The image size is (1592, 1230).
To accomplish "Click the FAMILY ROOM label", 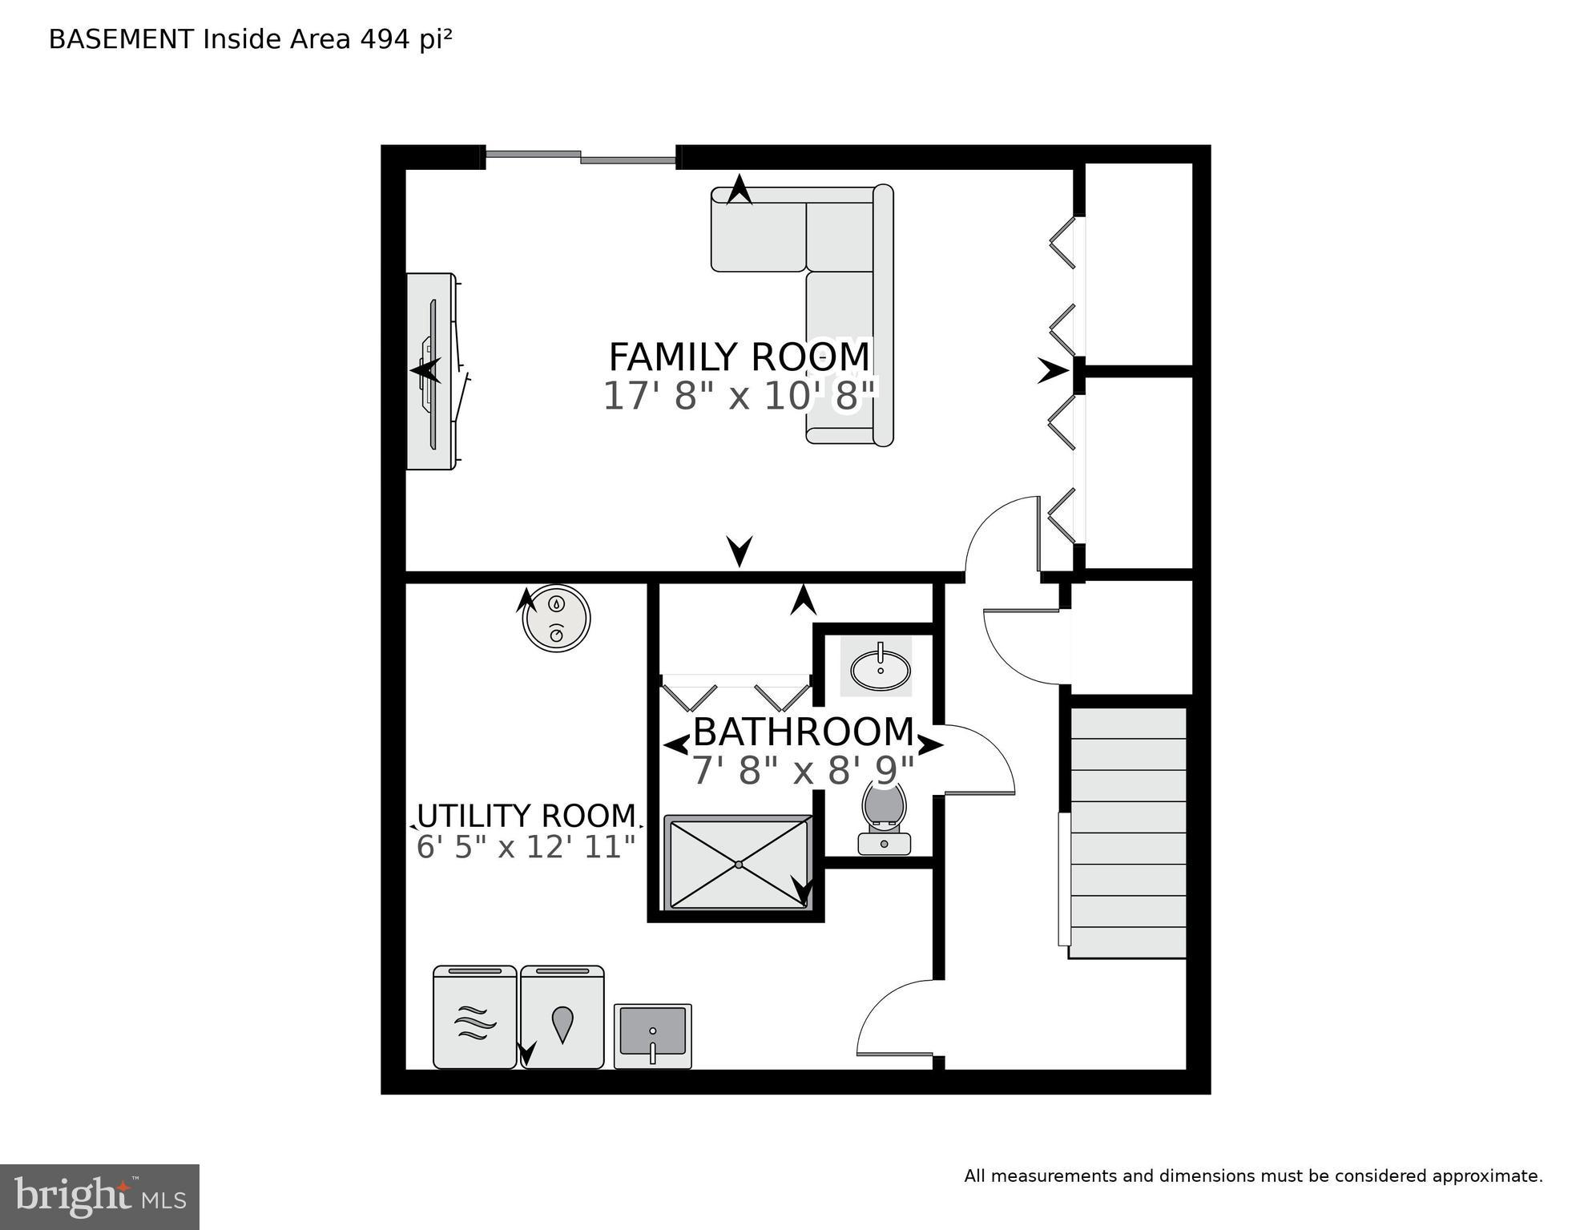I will [x=739, y=357].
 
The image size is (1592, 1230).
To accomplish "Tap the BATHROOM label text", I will [x=803, y=732].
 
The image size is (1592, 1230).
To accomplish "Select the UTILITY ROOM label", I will [x=526, y=816].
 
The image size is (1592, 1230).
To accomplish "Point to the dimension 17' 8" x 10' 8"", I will [x=739, y=397].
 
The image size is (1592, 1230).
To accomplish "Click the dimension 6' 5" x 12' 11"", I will [x=526, y=847].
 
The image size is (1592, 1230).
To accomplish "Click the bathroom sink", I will [x=880, y=667].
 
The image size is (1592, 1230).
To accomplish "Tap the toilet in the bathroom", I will [x=884, y=817].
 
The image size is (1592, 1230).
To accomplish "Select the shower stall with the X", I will [x=738, y=864].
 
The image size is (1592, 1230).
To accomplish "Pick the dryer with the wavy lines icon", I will [x=474, y=1018].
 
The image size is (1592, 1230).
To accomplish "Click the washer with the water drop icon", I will [x=562, y=1018].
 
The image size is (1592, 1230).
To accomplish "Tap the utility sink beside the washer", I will [x=652, y=1036].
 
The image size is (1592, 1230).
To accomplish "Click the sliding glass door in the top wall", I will [x=581, y=157].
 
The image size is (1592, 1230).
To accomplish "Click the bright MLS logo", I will [x=99, y=1196].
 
